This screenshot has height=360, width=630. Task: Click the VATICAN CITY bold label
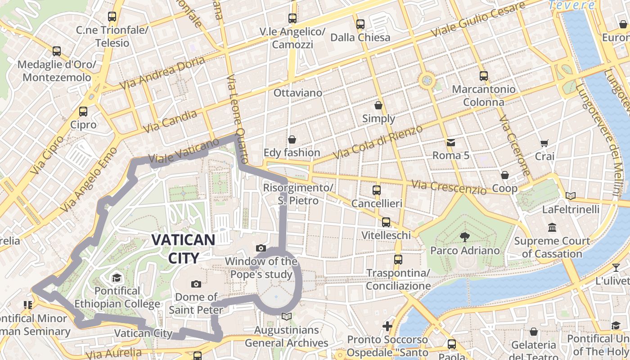[x=183, y=248]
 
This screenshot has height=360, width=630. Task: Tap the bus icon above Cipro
[x=83, y=111]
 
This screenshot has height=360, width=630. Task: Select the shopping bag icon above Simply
[x=378, y=105]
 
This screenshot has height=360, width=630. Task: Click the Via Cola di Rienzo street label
[x=378, y=142]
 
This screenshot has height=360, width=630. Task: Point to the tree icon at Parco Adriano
[x=464, y=237]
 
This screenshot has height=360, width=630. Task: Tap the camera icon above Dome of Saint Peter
[x=196, y=284]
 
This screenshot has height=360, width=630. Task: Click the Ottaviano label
[x=298, y=93]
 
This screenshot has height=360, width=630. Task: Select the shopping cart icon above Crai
[x=544, y=143]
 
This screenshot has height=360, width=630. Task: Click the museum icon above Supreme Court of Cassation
[x=552, y=227]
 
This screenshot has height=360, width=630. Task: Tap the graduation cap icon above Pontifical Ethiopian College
[x=117, y=277]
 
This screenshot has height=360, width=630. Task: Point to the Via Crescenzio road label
[x=449, y=187]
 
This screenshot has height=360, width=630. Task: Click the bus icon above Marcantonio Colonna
[x=484, y=76]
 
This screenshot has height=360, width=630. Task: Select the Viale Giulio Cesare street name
[x=478, y=20]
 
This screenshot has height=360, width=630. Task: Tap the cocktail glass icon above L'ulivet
[x=616, y=268]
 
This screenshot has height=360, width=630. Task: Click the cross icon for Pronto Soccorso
[x=387, y=326]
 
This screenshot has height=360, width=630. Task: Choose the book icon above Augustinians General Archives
[x=286, y=316]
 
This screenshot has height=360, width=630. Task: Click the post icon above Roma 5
[x=450, y=143]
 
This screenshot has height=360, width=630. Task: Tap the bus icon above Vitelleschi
[x=386, y=222]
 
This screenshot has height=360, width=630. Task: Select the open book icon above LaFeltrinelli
[x=571, y=196]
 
